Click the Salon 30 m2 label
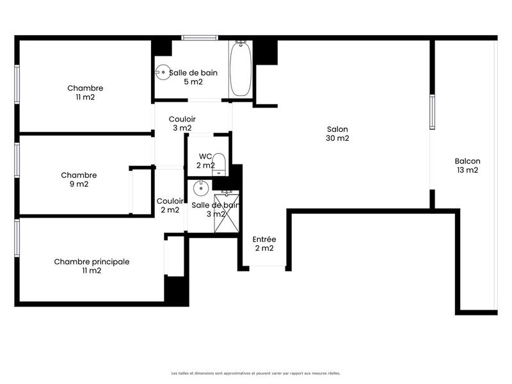tap(337, 133)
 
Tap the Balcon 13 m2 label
tap(467, 166)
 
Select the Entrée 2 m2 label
tap(264, 244)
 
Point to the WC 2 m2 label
tap(205, 161)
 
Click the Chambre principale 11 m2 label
tap(92, 266)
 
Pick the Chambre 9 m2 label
tap(79, 179)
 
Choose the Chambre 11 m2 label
tap(85, 93)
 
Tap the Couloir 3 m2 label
tap(182, 124)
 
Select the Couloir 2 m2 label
tap(169, 205)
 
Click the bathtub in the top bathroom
tap(241, 68)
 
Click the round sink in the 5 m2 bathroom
tap(163, 72)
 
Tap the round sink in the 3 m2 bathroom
tap(200, 188)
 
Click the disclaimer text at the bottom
tap(255, 373)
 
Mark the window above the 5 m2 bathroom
tap(201, 38)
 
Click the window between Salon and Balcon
tap(432, 113)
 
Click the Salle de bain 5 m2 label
tap(193, 77)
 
